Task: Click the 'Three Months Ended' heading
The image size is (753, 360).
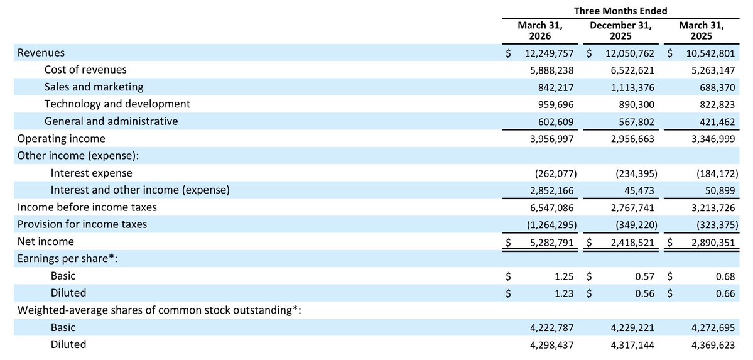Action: coord(620,11)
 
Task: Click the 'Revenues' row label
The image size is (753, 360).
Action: coord(41,53)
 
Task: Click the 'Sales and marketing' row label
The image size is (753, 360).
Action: coord(94,87)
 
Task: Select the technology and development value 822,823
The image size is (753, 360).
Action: coord(713,104)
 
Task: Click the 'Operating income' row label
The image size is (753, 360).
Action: coord(62,138)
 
